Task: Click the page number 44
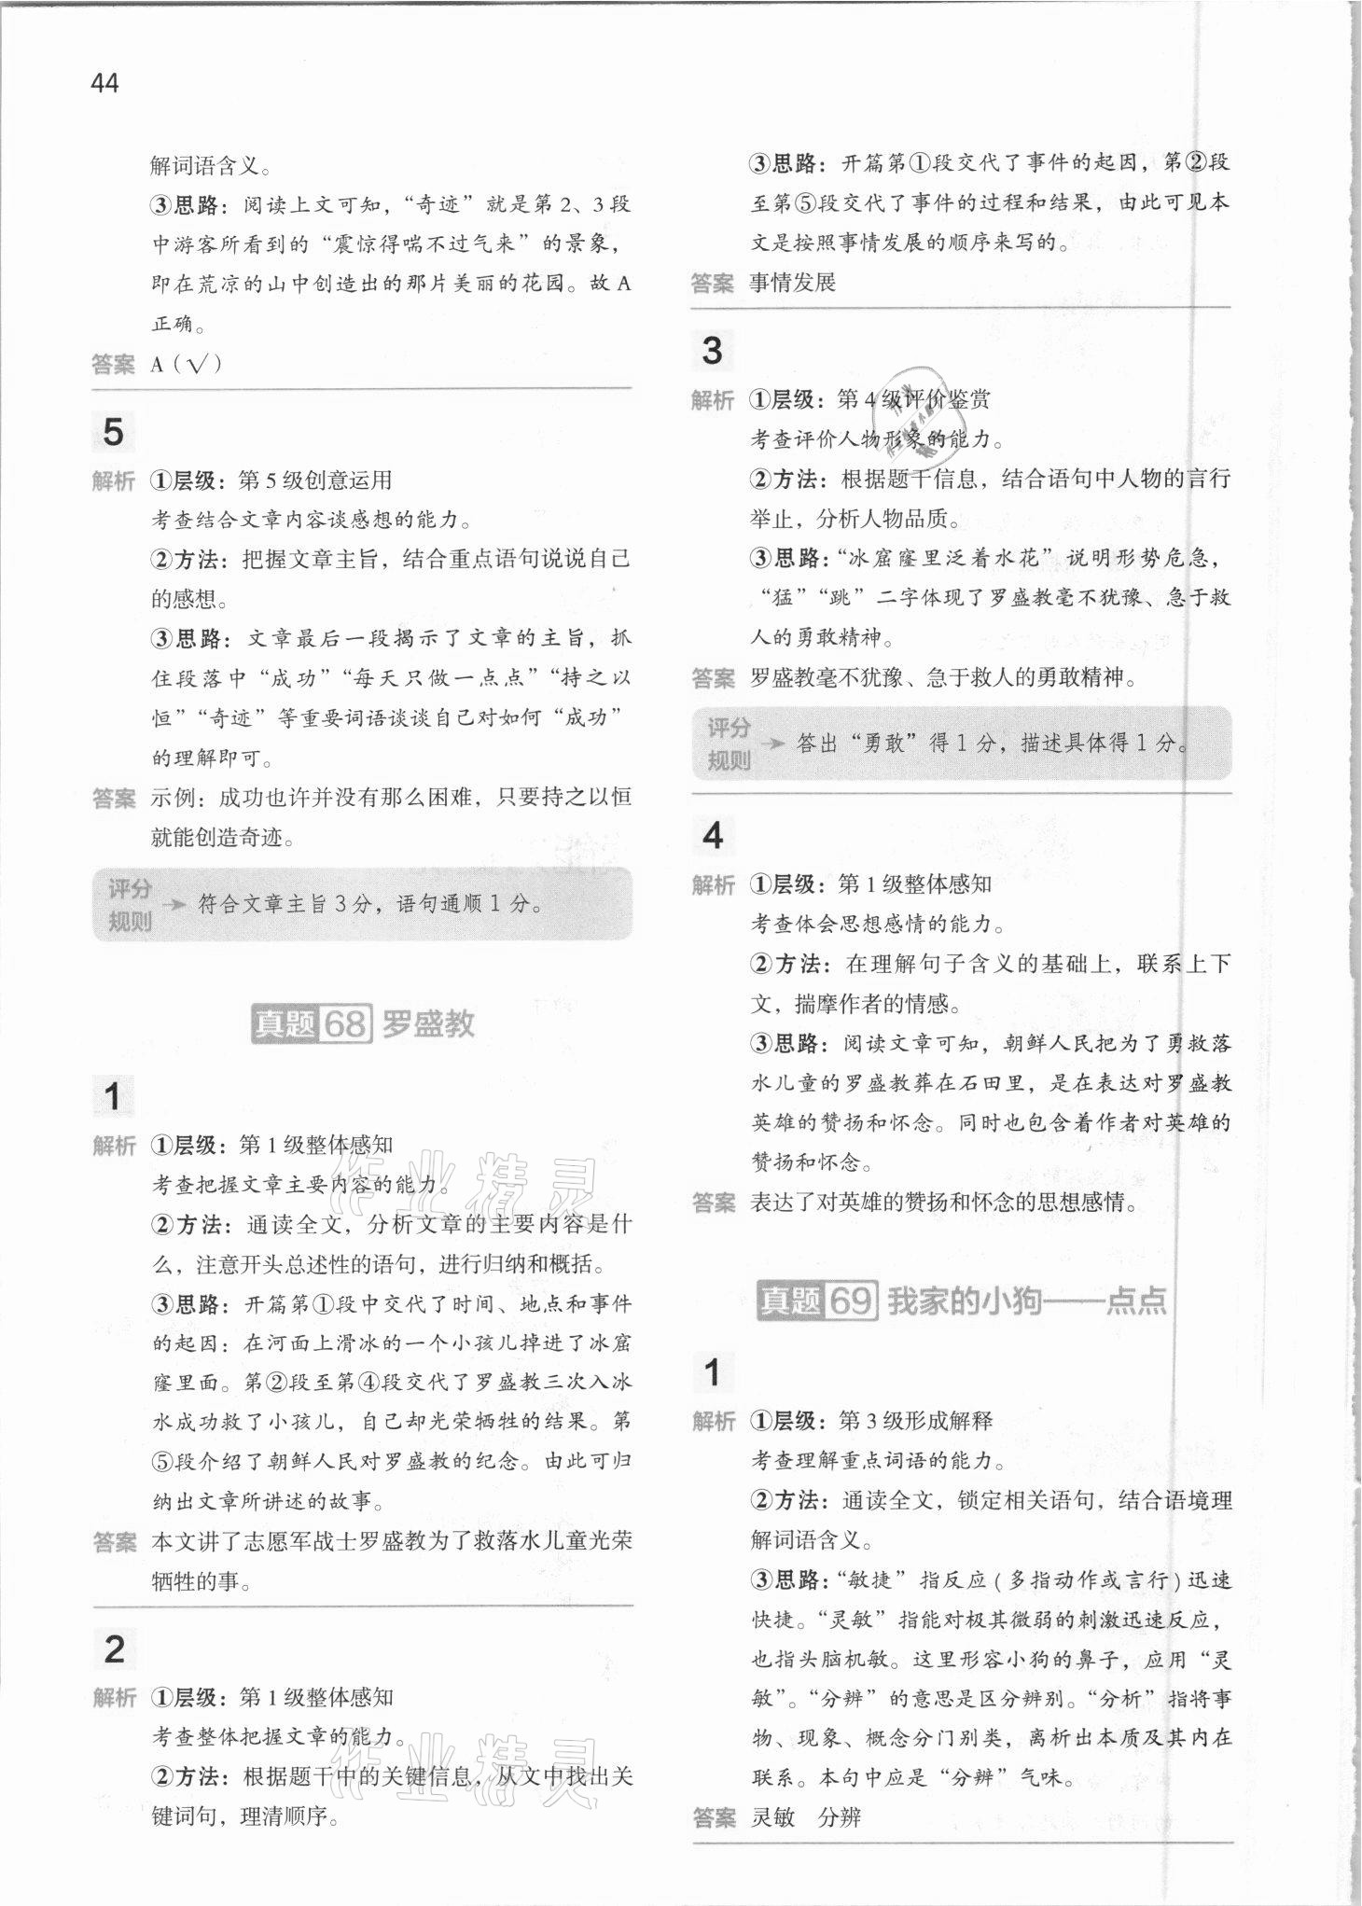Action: click(x=104, y=83)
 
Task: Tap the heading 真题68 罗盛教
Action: click(x=363, y=1023)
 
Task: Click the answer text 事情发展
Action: click(x=792, y=283)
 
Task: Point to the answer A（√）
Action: click(x=186, y=364)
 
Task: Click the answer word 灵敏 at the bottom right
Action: click(x=773, y=1816)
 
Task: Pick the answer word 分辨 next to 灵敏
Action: click(x=840, y=1816)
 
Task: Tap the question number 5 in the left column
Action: click(x=112, y=432)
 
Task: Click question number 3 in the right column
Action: click(x=712, y=351)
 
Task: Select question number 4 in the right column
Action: click(x=712, y=835)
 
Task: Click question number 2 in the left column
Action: click(x=114, y=1649)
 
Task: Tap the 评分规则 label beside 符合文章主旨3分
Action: click(x=129, y=904)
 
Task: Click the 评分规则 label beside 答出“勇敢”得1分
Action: click(x=728, y=744)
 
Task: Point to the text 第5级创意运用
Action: click(x=315, y=480)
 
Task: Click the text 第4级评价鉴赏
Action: click(x=913, y=399)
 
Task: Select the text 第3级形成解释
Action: click(x=915, y=1421)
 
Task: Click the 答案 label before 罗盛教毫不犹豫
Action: click(x=714, y=678)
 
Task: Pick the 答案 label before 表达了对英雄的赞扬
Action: click(x=714, y=1203)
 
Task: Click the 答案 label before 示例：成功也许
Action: click(x=114, y=799)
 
